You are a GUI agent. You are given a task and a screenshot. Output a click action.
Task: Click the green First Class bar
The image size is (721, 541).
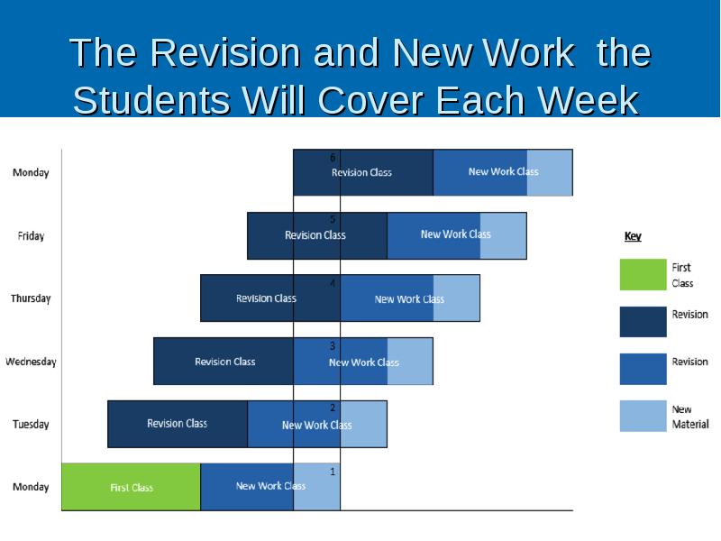tap(131, 487)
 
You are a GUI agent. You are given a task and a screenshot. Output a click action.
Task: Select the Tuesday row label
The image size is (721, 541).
tap(31, 425)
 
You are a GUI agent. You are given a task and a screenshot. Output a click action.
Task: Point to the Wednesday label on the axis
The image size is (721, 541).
tap(31, 362)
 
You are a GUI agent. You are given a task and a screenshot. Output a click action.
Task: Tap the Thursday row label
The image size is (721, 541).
tap(31, 298)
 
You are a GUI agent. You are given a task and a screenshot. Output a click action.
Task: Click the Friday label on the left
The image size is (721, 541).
tap(31, 236)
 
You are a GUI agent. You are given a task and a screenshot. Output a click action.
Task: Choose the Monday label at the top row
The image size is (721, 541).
tap(31, 173)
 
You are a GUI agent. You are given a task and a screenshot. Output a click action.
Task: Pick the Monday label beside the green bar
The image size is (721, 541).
tap(31, 487)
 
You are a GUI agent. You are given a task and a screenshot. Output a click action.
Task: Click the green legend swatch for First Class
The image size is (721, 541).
tap(643, 275)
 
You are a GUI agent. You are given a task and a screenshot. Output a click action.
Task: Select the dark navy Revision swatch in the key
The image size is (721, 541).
tap(643, 322)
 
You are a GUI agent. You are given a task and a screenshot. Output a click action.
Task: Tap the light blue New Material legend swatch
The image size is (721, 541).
tap(643, 416)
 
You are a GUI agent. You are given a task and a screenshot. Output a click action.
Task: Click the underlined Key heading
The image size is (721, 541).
tap(633, 236)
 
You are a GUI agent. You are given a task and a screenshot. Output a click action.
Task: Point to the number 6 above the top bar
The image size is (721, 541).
tap(333, 158)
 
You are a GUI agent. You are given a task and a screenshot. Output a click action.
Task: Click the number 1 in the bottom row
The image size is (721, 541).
tap(333, 472)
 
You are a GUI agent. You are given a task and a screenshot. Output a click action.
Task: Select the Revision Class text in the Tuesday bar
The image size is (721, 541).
tap(178, 424)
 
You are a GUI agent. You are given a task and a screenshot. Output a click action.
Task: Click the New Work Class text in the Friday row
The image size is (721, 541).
tap(455, 234)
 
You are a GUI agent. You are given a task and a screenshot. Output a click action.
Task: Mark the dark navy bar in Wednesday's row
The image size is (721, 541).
tap(224, 362)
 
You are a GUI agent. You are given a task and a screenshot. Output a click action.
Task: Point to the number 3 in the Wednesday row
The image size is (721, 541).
tap(333, 346)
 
